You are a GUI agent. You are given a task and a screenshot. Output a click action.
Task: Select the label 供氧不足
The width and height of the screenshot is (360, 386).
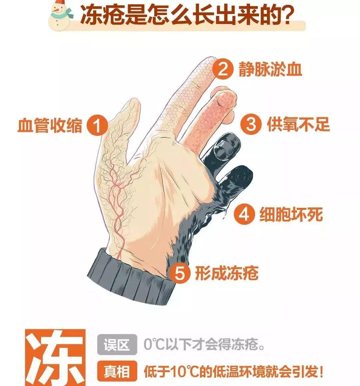298,124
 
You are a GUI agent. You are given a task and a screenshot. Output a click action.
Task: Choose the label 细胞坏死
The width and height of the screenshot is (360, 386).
291,215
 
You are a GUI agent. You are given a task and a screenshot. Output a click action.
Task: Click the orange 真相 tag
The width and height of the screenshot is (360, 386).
117,371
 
